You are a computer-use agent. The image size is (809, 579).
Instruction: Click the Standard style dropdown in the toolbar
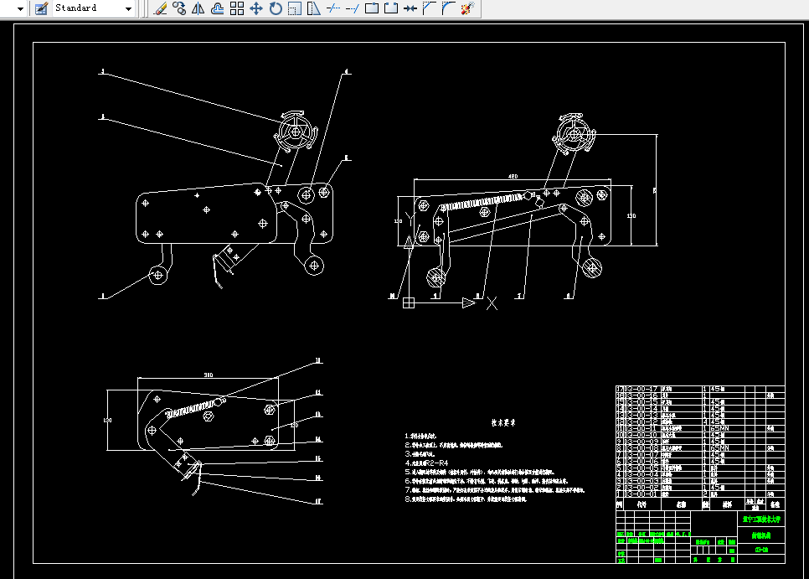[x=92, y=8]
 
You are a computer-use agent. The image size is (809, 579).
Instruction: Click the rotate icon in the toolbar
[x=276, y=8]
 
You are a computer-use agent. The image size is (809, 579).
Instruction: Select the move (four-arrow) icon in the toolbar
[x=256, y=8]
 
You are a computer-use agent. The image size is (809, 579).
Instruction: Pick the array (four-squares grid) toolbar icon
[x=237, y=8]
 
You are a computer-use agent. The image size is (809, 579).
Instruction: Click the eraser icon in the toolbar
[x=162, y=8]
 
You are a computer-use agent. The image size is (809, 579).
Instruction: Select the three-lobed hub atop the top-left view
[x=295, y=132]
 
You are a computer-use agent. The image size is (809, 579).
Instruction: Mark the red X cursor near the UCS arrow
[x=492, y=303]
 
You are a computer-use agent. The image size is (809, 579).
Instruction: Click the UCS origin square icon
[x=409, y=302]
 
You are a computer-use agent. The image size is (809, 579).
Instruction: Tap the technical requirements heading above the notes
[x=502, y=422]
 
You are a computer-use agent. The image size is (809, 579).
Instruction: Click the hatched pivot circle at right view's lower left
[x=435, y=275]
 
